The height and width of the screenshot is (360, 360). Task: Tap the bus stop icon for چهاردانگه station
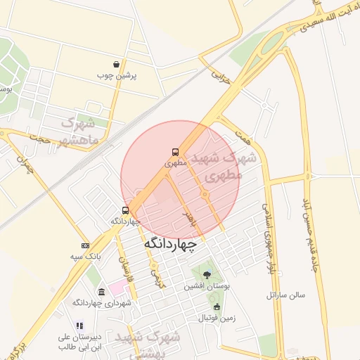pos(126,210)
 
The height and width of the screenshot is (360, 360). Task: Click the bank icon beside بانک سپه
pos(85,246)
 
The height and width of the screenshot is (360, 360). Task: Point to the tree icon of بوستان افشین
pos(207,275)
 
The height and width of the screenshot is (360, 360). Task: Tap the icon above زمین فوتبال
pos(217,307)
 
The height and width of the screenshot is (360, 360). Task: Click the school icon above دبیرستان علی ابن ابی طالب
pos(79,326)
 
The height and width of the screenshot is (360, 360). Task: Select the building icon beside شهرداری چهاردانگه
pos(102,292)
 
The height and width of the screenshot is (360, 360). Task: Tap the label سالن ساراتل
pos(285,295)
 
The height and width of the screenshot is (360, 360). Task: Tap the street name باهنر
pos(187,214)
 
